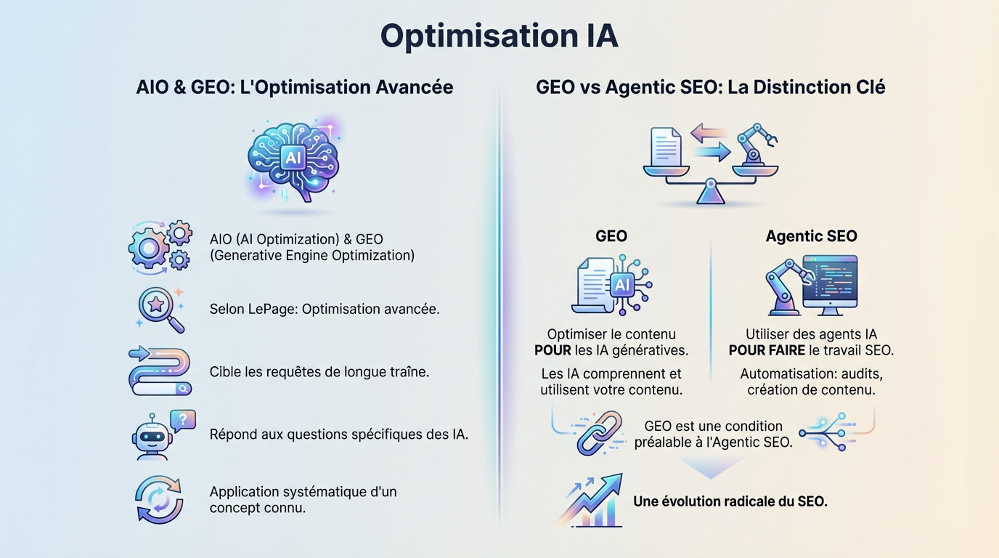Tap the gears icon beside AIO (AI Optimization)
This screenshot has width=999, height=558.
pos(160,247)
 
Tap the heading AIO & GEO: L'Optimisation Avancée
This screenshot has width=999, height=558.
pos(295,87)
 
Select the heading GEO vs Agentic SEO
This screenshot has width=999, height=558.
pos(710,87)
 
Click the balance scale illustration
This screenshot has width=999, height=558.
pos(710,163)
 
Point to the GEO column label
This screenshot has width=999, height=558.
pos(611,236)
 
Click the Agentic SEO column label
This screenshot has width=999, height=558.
pos(811,236)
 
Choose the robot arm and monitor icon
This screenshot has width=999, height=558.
pos(811,285)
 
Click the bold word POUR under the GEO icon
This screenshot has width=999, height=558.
pos(552,350)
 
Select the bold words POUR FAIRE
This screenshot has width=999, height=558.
pos(767,350)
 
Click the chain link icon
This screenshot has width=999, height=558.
pos(600,433)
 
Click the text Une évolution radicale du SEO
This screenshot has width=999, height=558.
pos(730,501)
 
